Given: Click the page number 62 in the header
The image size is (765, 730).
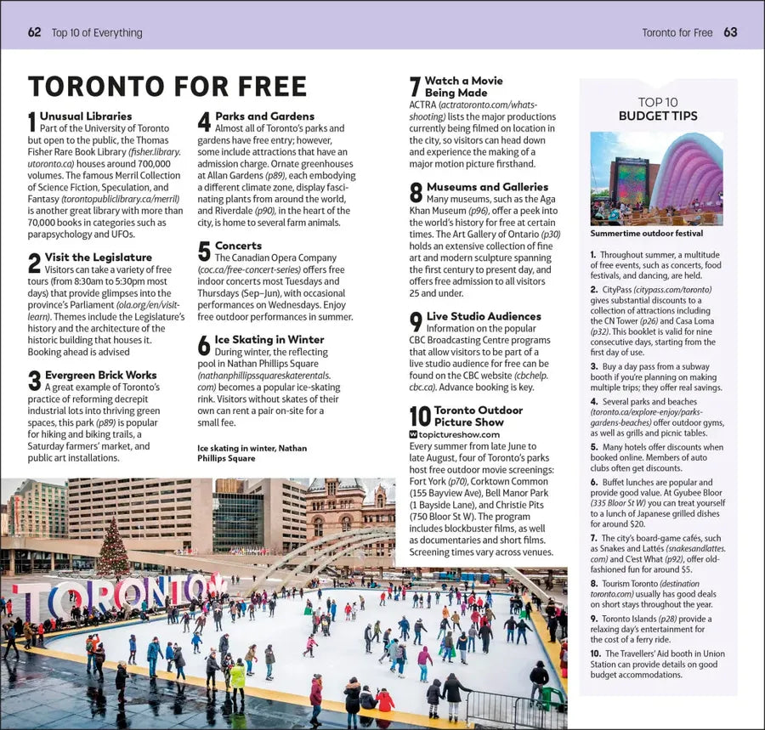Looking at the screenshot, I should pos(35,33).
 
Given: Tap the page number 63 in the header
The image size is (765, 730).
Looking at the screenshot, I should pos(730,33).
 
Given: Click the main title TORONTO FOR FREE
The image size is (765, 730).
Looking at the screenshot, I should pos(167,87).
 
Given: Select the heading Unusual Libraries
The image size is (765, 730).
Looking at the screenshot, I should pos(86,116).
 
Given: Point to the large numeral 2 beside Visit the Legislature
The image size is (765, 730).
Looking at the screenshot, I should pos(34,263).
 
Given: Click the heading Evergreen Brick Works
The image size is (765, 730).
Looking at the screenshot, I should pos(100,374).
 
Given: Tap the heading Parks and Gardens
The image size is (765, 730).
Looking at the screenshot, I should pos(264,116).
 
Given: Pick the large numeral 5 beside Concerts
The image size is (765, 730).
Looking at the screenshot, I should pos(204,251).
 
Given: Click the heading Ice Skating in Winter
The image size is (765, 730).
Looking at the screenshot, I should pos(269,339).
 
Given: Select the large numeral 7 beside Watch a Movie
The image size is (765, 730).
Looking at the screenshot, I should pos(415,88).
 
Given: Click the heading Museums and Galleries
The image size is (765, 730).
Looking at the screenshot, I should pos(487,186).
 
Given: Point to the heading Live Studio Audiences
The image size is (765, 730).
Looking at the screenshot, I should pos(484,316).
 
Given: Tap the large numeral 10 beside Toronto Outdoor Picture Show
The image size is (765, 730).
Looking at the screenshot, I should pos(420,416).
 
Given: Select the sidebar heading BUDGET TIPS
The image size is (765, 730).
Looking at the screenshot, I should pos(657,116).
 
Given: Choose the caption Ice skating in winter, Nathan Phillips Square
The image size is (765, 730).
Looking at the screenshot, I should pos(252,453).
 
